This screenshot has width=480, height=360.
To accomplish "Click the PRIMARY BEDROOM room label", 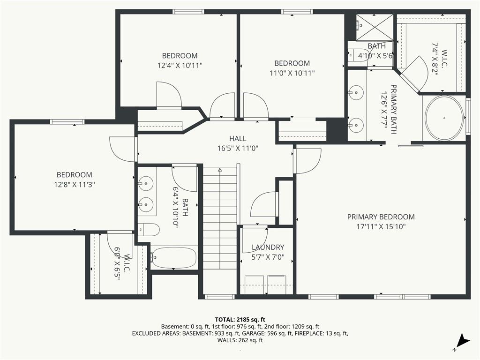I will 381,217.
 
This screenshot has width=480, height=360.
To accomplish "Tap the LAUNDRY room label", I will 268,247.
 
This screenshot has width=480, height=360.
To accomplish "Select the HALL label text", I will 238,139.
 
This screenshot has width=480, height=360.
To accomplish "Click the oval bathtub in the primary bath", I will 444,118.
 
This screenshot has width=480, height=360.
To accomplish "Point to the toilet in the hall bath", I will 149,230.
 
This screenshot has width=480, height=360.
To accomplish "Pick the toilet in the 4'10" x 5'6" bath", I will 358,54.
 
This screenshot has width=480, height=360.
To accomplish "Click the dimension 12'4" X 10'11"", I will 180,65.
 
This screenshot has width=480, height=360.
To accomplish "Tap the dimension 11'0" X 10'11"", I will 292,73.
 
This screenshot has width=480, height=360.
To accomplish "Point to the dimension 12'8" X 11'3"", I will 75,184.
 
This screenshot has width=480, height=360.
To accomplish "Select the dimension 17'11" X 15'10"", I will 381,226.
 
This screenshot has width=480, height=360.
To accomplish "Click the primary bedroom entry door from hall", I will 307,161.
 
